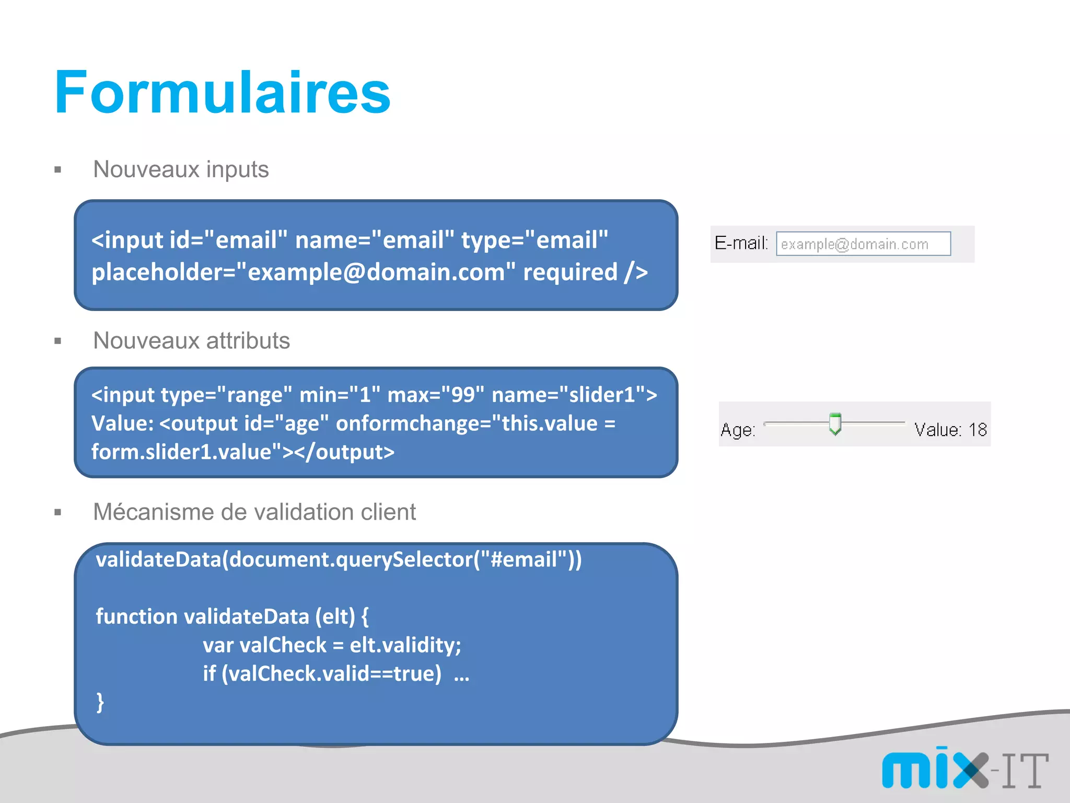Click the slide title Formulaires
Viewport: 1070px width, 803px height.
pyautogui.click(x=222, y=93)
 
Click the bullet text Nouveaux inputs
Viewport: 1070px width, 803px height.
pyautogui.click(x=181, y=169)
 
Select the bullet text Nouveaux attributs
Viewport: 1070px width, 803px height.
pyautogui.click(x=191, y=341)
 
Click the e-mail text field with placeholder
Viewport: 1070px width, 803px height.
pyautogui.click(x=863, y=244)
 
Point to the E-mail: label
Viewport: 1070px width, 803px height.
pyautogui.click(x=741, y=244)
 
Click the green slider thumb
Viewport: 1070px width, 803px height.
pyautogui.click(x=835, y=423)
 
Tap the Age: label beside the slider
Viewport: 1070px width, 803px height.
pyautogui.click(x=738, y=430)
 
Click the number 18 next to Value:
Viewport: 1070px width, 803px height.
pyautogui.click(x=978, y=430)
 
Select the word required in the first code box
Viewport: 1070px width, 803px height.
pyautogui.click(x=570, y=272)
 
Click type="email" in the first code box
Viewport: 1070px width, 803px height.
pyautogui.click(x=534, y=240)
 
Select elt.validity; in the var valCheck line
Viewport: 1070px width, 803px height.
pyautogui.click(x=405, y=645)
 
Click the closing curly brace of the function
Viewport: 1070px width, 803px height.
pyautogui.click(x=100, y=702)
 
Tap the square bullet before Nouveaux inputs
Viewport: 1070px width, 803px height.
pyautogui.click(x=58, y=170)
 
